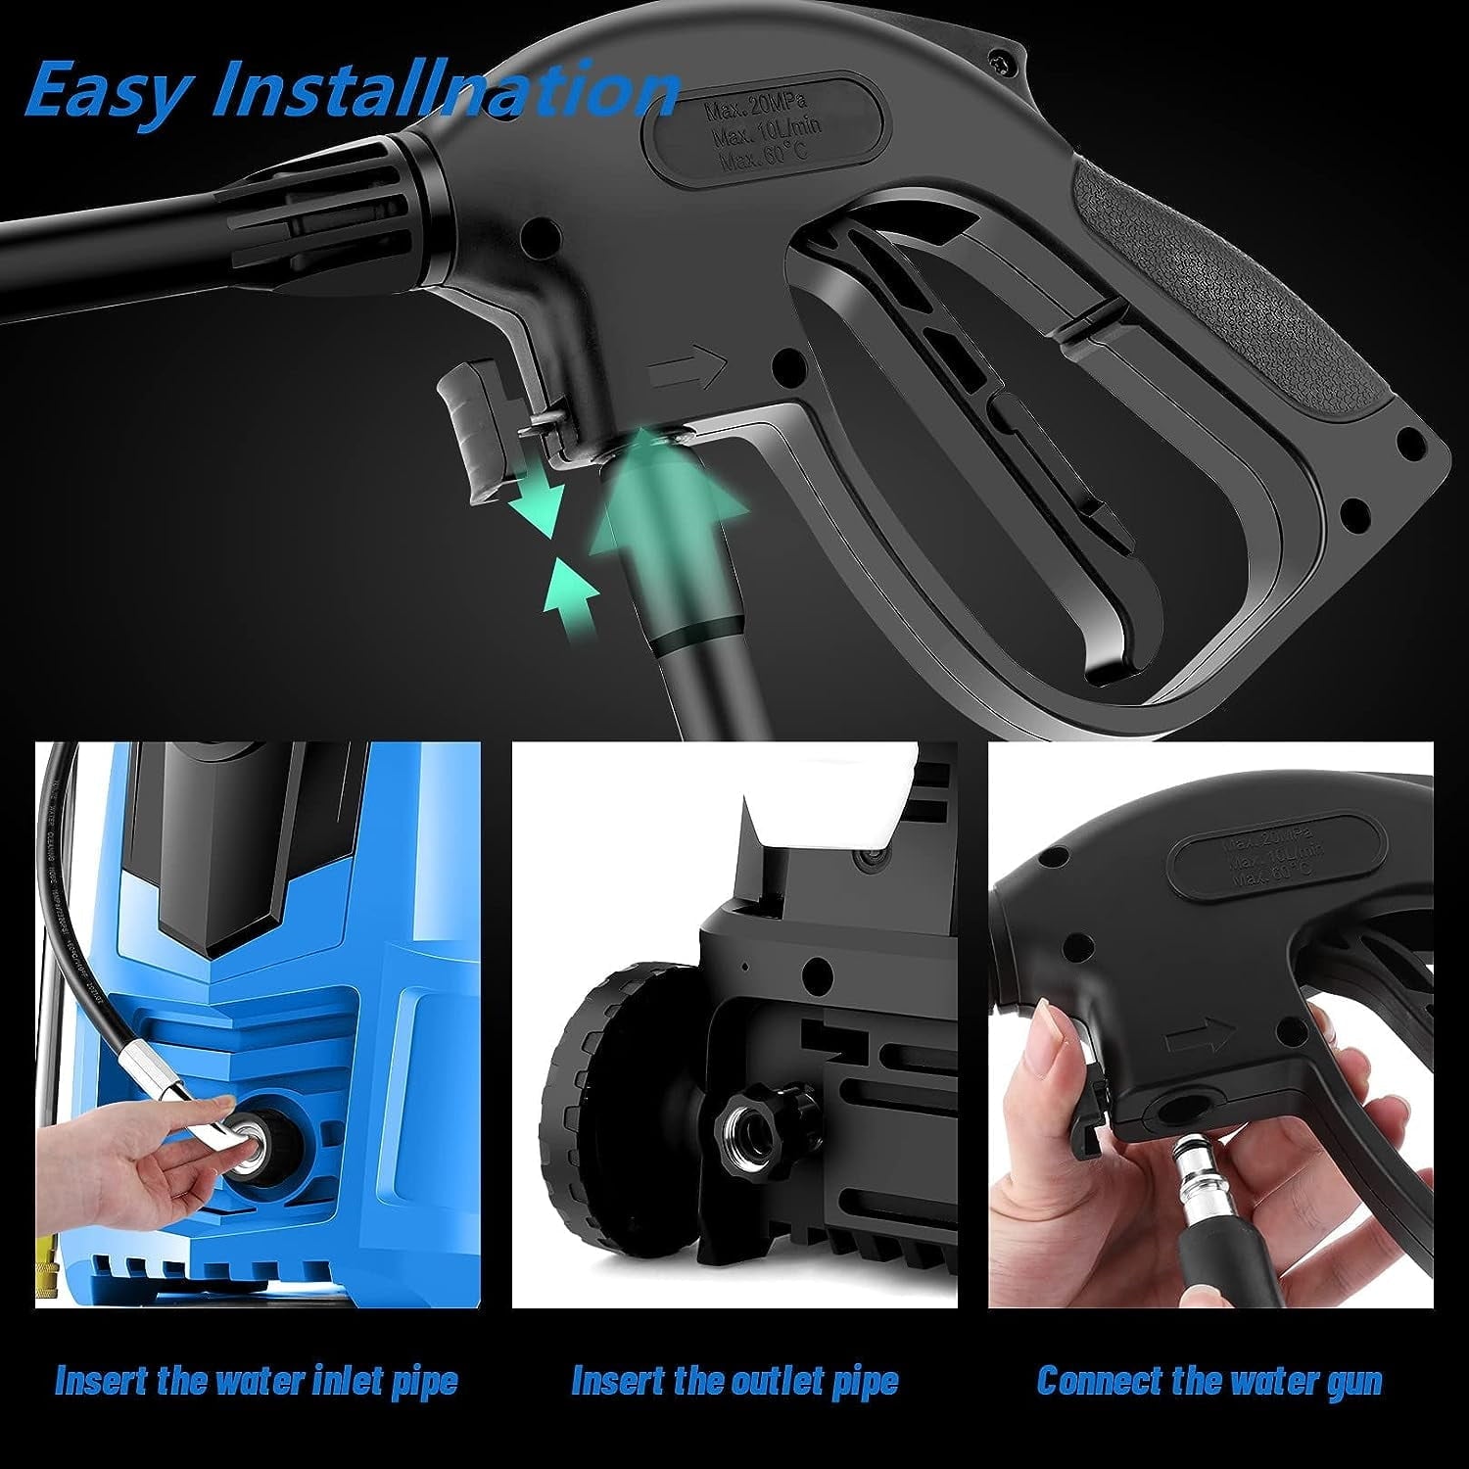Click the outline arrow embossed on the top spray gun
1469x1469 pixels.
point(688,368)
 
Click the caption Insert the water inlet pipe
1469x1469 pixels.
point(257,1382)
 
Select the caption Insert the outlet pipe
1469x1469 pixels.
point(734,1382)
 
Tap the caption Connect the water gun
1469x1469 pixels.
point(1209,1382)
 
